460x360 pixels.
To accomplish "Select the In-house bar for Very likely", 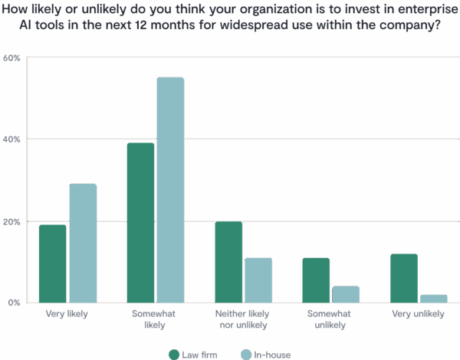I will point(83,243).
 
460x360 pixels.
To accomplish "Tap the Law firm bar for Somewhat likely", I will point(140,222).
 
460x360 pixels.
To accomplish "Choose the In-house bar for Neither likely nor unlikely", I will point(258,280).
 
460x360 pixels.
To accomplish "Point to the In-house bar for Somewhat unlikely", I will point(345,294).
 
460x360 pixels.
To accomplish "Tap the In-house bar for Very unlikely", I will point(433,298).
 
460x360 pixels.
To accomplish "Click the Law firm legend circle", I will point(172,354).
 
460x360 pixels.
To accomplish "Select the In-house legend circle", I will point(246,354).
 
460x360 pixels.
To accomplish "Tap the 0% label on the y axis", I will point(14,303).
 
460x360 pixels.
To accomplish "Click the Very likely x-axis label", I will point(67,313).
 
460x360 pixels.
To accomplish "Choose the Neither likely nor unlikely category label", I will point(243,319).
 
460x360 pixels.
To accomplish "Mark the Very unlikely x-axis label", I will point(418,313).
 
